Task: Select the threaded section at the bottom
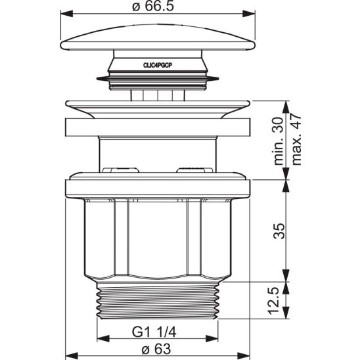(158, 302)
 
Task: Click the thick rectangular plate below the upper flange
(158, 127)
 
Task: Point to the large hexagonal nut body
(158, 236)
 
